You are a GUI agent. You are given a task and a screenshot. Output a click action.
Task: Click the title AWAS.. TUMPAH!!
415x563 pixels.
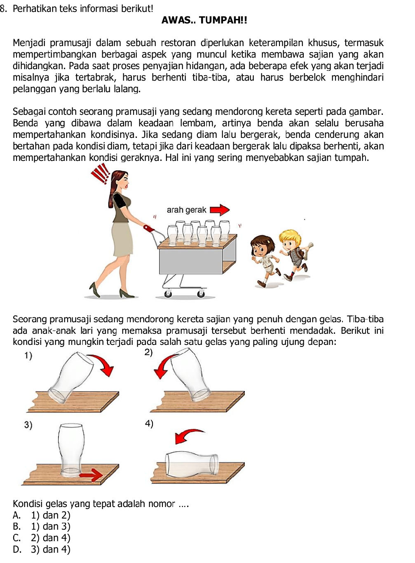click(x=204, y=20)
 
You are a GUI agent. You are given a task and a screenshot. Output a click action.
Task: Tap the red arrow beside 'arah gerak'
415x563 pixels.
click(x=220, y=210)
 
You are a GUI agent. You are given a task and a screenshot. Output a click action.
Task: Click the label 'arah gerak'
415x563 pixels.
click(x=186, y=210)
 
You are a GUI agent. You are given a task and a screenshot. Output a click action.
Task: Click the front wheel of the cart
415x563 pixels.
click(x=201, y=293)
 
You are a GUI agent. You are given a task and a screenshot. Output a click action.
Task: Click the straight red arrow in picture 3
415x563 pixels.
click(x=91, y=475)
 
